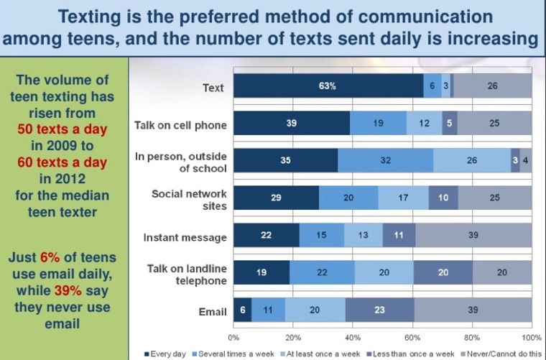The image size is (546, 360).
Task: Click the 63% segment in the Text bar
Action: [328, 86]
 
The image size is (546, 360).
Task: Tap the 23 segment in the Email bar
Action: [379, 310]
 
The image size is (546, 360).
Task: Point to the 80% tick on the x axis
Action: [472, 336]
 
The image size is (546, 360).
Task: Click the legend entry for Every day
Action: [167, 353]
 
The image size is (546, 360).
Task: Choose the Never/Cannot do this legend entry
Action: [504, 353]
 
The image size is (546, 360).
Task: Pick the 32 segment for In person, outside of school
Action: [385, 161]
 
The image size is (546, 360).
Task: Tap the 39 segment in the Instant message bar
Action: [473, 236]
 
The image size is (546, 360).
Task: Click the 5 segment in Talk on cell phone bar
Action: [450, 124]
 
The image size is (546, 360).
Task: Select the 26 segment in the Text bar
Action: [492, 86]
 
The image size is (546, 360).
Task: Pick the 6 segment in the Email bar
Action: [242, 310]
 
